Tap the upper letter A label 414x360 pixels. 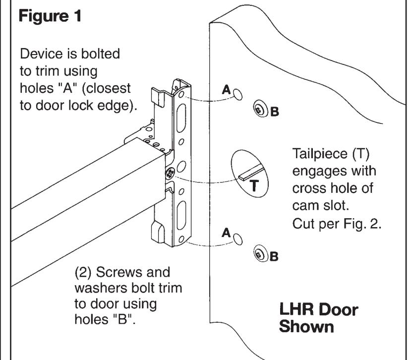point(226,90)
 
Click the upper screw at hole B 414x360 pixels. point(259,110)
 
